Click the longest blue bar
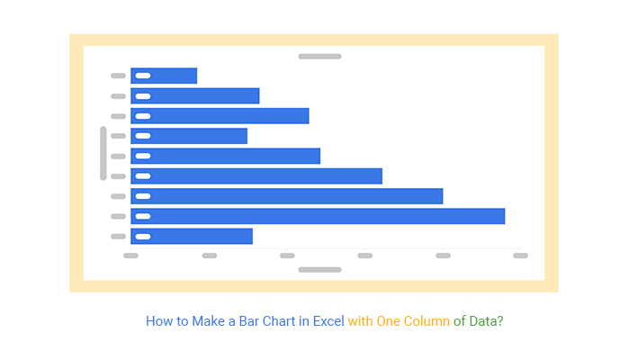(318, 216)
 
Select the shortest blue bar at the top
(164, 76)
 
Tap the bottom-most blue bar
(192, 236)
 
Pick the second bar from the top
(195, 95)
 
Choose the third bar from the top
(220, 116)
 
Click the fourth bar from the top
(189, 136)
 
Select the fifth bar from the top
(225, 156)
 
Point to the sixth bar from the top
(256, 176)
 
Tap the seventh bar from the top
(287, 196)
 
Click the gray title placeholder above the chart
(319, 57)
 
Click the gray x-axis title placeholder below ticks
(319, 269)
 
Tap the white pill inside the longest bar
(143, 216)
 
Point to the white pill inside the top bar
(143, 76)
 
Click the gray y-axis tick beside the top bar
(118, 76)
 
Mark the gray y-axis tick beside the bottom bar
(118, 236)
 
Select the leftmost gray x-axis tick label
(130, 256)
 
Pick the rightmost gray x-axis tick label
(520, 256)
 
